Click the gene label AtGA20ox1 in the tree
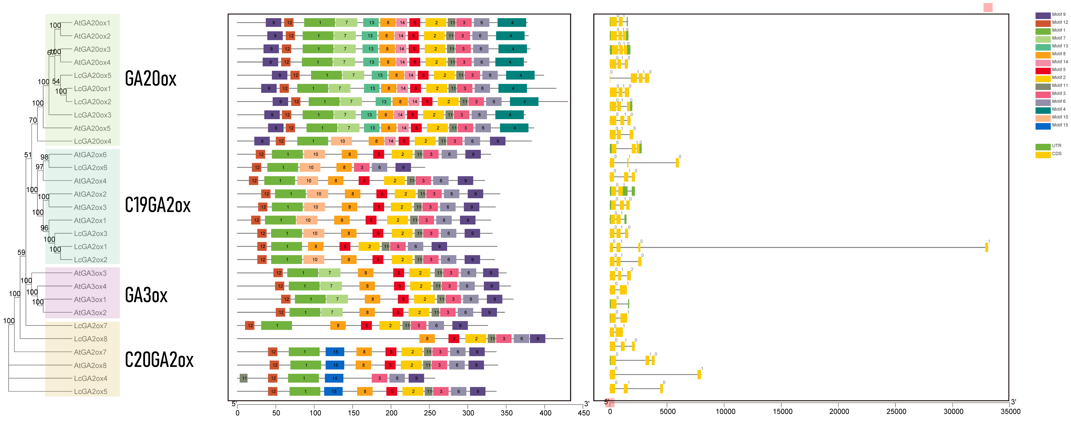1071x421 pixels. click(x=92, y=23)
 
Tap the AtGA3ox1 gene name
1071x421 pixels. click(x=90, y=300)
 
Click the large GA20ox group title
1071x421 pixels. click(x=150, y=79)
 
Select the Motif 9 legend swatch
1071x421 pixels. click(x=1043, y=15)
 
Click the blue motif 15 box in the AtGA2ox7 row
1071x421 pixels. click(x=335, y=352)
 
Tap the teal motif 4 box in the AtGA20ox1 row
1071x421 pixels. click(x=512, y=23)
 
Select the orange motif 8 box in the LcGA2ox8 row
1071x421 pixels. click(x=427, y=339)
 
